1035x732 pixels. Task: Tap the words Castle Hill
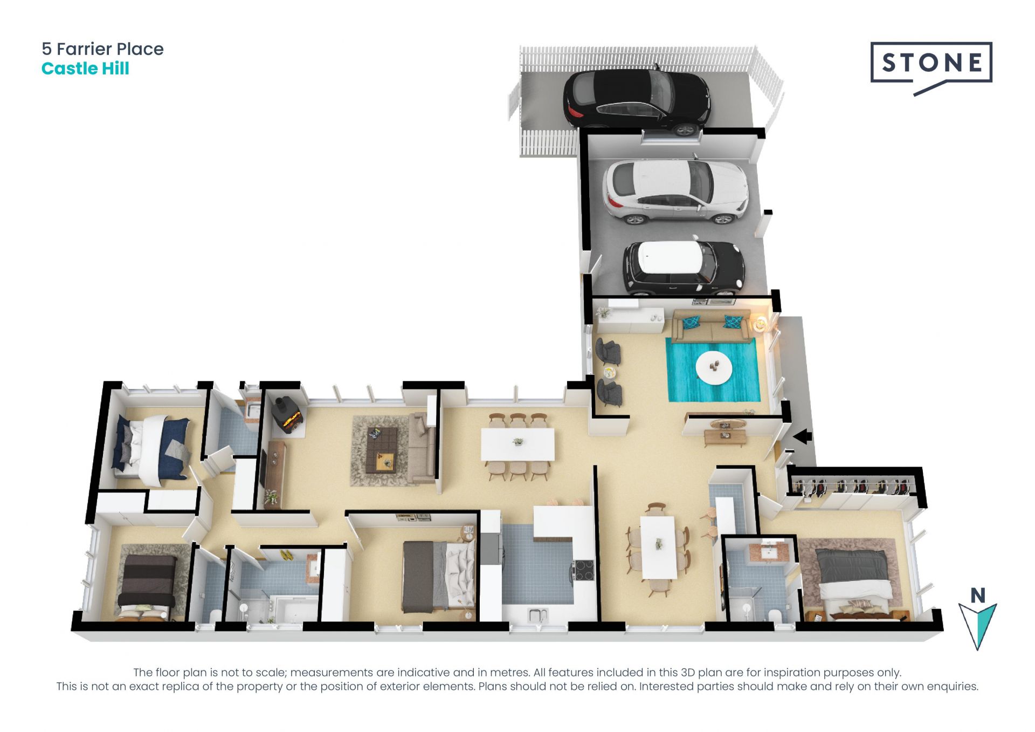click(85, 69)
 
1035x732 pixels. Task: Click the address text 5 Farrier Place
click(102, 49)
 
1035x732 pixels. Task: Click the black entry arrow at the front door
click(802, 436)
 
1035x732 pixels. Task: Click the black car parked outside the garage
click(637, 101)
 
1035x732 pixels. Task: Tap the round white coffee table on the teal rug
click(714, 368)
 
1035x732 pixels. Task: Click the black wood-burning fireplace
click(287, 415)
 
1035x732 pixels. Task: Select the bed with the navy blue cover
click(151, 449)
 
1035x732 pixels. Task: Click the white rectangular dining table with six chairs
click(517, 445)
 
